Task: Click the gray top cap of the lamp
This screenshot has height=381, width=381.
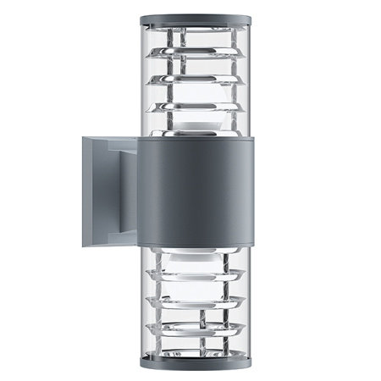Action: point(194,19)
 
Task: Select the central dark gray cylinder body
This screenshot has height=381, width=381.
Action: point(195,190)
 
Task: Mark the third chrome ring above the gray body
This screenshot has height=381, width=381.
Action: point(195,58)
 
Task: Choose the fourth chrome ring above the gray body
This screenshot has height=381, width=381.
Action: point(195,39)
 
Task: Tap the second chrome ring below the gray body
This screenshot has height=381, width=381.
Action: point(195,300)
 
